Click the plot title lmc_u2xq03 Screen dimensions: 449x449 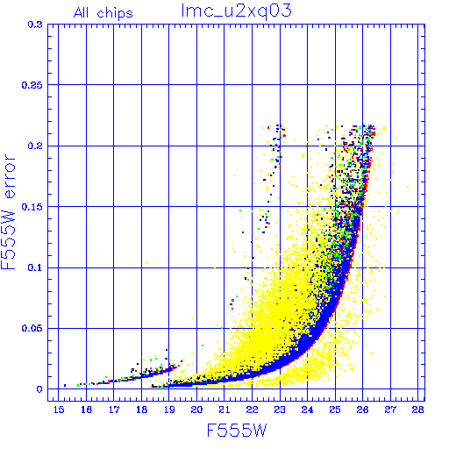(x=236, y=11)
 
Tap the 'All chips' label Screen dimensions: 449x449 (x=103, y=13)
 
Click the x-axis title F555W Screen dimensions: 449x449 (x=237, y=431)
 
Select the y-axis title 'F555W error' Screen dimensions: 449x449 (x=8, y=212)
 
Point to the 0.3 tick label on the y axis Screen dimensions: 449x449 (x=35, y=25)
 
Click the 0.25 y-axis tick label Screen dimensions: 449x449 (x=32, y=85)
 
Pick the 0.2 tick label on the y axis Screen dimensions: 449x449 (x=35, y=146)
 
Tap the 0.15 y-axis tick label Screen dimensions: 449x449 (x=32, y=207)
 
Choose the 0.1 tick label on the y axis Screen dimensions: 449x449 (x=35, y=267)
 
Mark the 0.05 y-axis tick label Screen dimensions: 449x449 (x=32, y=328)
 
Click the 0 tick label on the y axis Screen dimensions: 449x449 (x=39, y=389)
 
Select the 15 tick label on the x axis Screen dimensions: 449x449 (x=59, y=410)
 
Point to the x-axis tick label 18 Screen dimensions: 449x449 (x=141, y=410)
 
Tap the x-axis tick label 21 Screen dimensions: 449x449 (x=224, y=410)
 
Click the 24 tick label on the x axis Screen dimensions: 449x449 (x=307, y=410)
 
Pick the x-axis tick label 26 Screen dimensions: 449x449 (x=362, y=410)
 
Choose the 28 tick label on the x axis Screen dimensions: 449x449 (x=417, y=410)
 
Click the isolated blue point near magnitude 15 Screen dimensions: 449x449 (x=65, y=385)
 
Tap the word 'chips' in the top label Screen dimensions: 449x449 (x=115, y=14)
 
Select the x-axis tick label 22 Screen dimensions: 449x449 (x=252, y=410)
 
